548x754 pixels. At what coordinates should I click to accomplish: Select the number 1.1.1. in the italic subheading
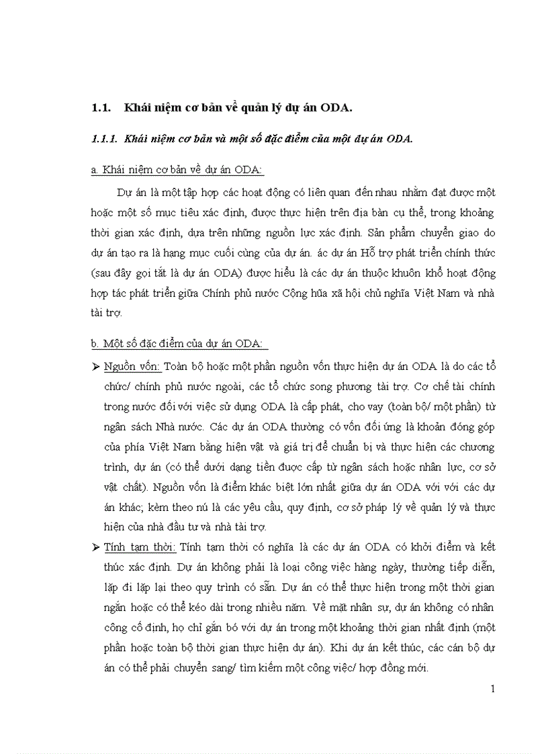[x=105, y=139]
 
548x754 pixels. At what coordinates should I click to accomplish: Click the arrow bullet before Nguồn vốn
[x=95, y=367]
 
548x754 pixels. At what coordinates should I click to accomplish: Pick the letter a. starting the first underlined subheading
[x=95, y=171]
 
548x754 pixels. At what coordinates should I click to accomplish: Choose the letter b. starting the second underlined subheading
[x=95, y=344]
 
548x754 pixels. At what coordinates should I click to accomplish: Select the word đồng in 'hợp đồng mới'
[x=395, y=669]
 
